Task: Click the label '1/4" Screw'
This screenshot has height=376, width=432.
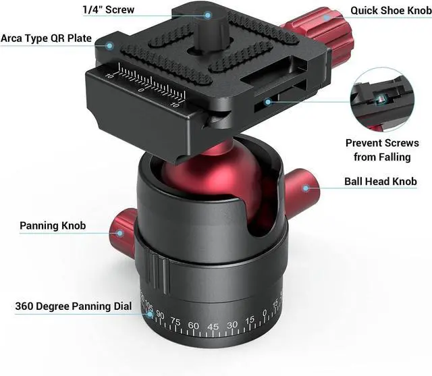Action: (x=107, y=10)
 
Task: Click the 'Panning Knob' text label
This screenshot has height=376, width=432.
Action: (x=53, y=225)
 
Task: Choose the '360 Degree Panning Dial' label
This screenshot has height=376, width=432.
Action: (x=73, y=306)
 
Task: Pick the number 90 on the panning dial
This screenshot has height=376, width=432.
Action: (x=161, y=315)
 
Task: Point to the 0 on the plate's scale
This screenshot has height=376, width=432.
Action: (x=140, y=89)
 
